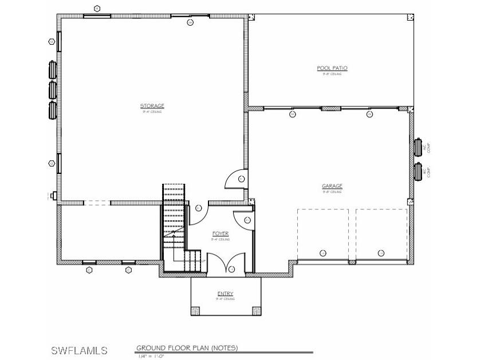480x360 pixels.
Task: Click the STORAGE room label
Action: [152, 106]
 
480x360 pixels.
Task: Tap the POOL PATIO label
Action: [332, 68]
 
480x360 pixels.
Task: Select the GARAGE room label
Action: [332, 186]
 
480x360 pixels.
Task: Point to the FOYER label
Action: [221, 234]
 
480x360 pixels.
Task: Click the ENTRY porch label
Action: [225, 294]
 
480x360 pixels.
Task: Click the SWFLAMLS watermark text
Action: [79, 350]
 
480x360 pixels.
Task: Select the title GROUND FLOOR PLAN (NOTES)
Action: [187, 348]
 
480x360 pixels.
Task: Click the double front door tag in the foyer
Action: [231, 269]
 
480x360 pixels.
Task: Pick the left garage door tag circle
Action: [323, 253]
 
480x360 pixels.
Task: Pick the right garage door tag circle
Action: [381, 253]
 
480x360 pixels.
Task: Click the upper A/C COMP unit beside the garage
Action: [418, 147]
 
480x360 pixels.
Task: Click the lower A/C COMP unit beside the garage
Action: [418, 171]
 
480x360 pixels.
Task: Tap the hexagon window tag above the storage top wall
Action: [97, 8]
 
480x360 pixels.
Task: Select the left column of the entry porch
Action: [195, 311]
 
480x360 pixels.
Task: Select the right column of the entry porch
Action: [255, 311]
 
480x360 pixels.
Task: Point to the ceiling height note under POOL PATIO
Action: [332, 74]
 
